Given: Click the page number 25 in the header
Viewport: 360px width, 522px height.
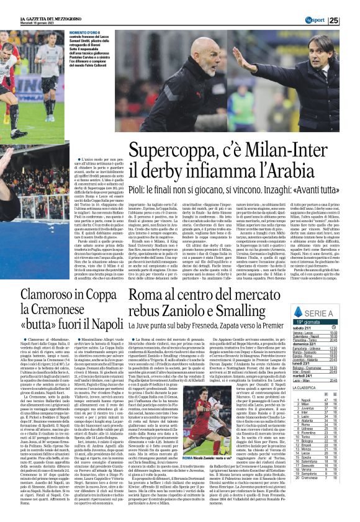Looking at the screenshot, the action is [351, 20].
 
